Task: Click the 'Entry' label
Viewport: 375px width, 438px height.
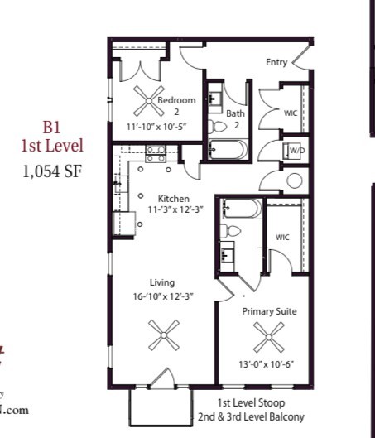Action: click(x=276, y=63)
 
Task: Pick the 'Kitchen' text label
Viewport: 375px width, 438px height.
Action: click(x=175, y=199)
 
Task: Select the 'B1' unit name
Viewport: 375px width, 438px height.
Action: click(x=52, y=128)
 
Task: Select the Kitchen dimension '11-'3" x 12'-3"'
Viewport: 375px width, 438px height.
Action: click(x=175, y=210)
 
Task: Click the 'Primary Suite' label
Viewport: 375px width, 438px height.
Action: click(x=269, y=311)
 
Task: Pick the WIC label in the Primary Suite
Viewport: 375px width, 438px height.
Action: click(x=283, y=238)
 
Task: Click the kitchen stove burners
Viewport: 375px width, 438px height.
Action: click(x=155, y=152)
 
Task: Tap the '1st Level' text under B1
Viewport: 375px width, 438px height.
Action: click(x=52, y=146)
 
